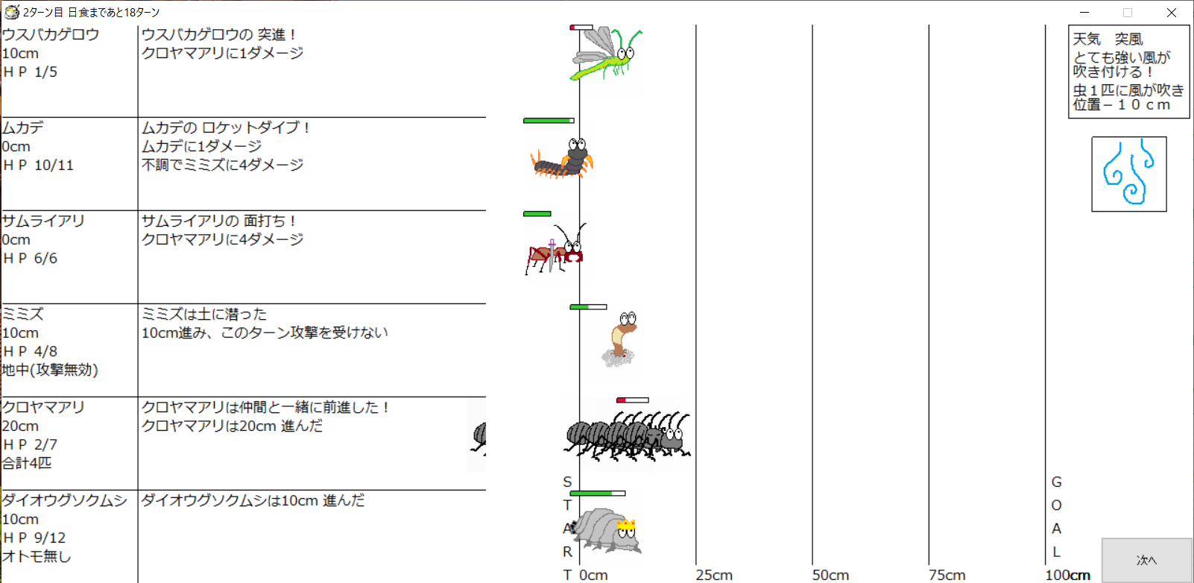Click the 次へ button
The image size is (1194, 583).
pos(1146,560)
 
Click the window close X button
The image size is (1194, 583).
pos(1171,12)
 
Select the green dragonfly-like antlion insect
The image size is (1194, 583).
pos(606,54)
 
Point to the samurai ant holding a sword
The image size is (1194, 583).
pos(555,250)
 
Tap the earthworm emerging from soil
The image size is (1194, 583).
pos(620,339)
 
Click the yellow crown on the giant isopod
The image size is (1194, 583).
pos(626,524)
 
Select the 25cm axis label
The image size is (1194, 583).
pos(714,575)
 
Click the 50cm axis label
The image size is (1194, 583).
pos(830,575)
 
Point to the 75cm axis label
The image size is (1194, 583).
pos(947,575)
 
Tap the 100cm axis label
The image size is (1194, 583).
pos(1068,575)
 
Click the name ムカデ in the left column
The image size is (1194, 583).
pos(23,127)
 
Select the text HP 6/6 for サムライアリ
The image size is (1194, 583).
pos(30,258)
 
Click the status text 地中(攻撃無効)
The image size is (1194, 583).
pos(50,370)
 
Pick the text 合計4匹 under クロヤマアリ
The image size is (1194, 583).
pos(27,463)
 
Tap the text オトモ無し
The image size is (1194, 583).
pos(37,556)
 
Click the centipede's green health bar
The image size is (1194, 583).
pos(547,121)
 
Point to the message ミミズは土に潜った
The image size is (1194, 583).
pos(204,314)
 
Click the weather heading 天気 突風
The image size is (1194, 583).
pos(1108,39)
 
